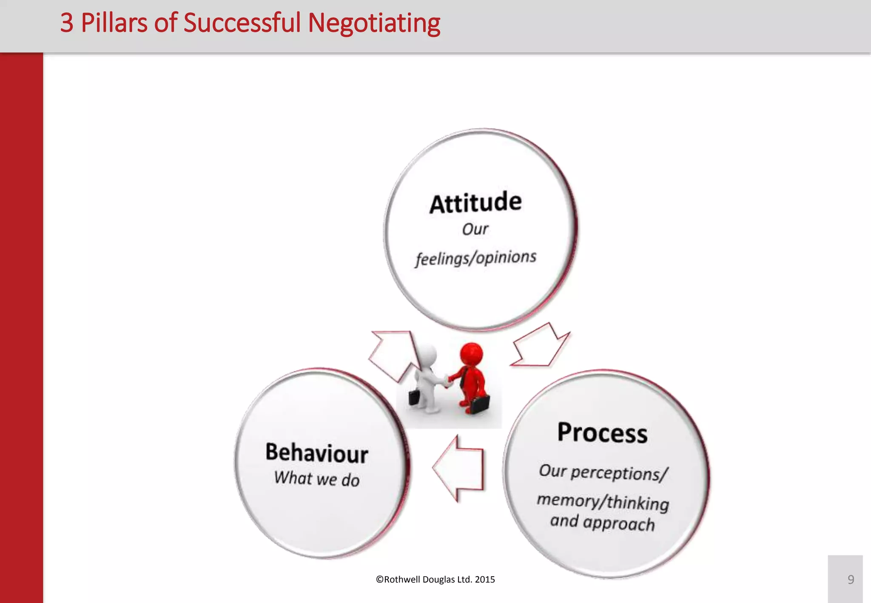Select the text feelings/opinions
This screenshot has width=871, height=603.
(x=476, y=258)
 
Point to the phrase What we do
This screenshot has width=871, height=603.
(x=317, y=479)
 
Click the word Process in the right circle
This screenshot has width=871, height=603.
(x=602, y=433)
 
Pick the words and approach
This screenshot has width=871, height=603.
(x=602, y=523)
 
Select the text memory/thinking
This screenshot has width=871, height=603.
(x=603, y=501)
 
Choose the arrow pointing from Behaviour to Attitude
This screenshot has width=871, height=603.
(x=393, y=353)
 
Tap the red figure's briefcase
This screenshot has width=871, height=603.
(x=479, y=404)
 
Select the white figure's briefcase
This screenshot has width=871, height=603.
(x=414, y=397)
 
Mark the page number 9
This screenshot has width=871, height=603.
(x=851, y=580)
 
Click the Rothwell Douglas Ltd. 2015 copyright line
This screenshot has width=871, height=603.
(x=435, y=580)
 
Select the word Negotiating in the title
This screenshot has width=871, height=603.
(x=374, y=23)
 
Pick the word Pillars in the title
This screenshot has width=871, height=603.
(x=114, y=23)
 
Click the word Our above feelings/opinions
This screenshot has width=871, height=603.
(x=475, y=229)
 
